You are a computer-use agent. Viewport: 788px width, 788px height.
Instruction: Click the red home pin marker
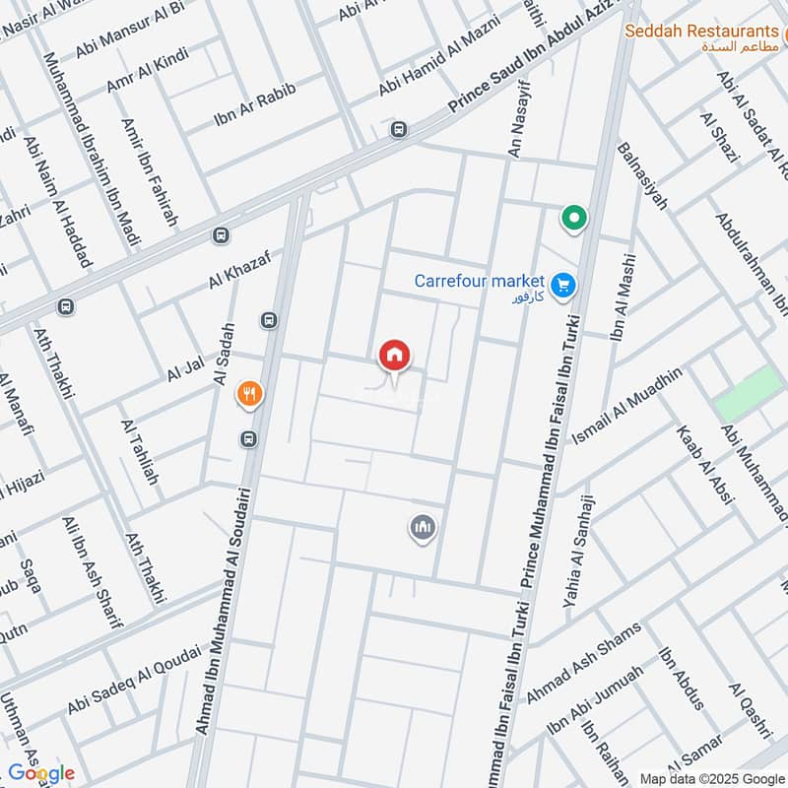(x=394, y=356)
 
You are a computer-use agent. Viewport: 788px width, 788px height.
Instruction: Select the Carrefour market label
(x=479, y=281)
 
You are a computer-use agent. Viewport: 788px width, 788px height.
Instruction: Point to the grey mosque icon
(x=423, y=529)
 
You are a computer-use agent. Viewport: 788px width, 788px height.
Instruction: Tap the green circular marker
(x=572, y=219)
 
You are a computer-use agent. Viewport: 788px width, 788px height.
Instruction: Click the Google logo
(x=41, y=773)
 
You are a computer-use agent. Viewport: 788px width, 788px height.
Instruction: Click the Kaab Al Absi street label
(x=704, y=464)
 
